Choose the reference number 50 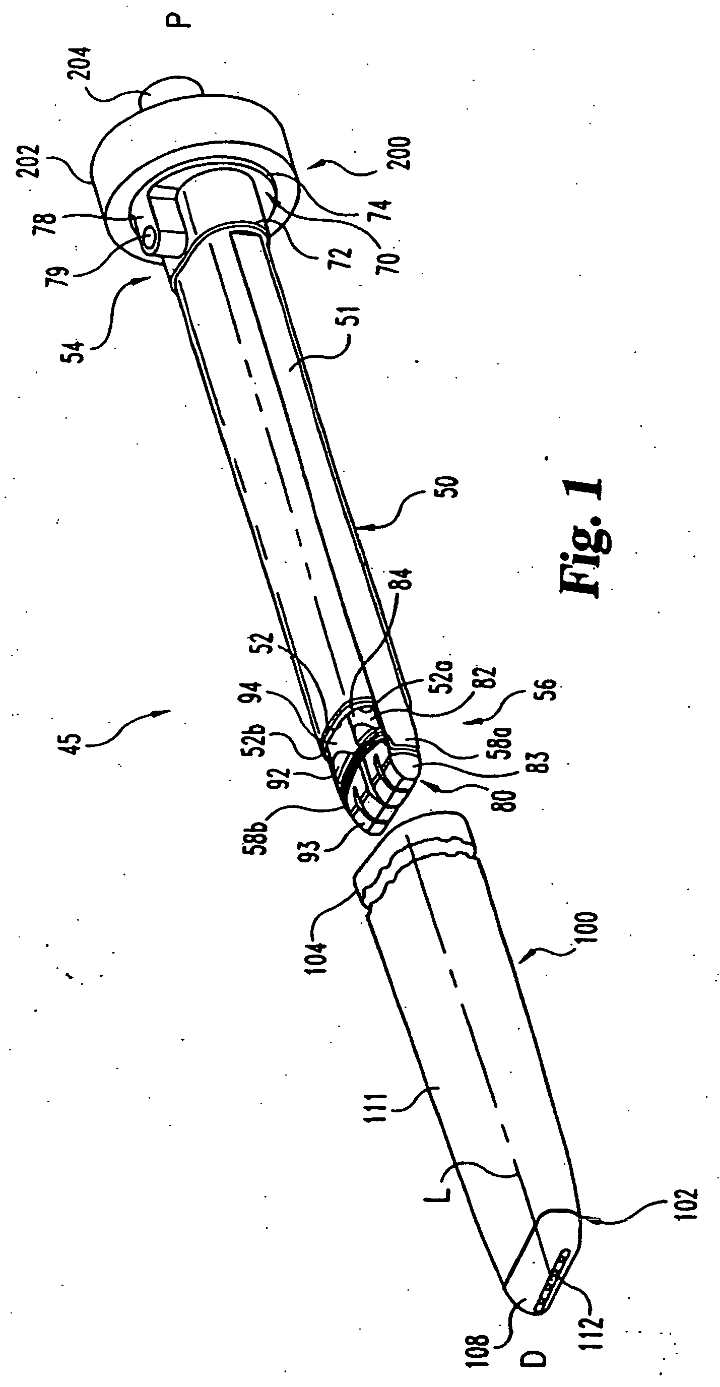tap(450, 487)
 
